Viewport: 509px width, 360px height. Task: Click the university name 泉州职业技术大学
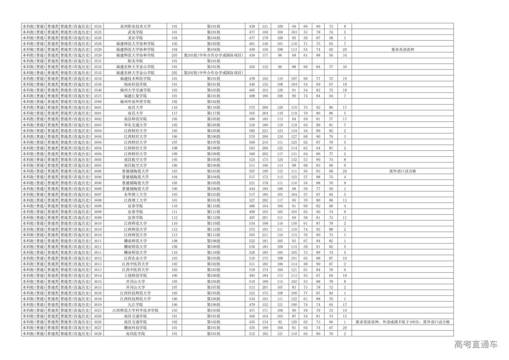[x=135, y=26]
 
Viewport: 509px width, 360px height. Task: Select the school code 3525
[x=98, y=32]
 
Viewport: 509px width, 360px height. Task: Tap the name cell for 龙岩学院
[x=135, y=38]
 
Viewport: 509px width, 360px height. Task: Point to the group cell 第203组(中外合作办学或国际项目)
[x=214, y=55]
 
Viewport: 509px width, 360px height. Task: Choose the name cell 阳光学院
[x=135, y=61]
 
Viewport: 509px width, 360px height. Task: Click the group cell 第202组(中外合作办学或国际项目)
[x=214, y=73]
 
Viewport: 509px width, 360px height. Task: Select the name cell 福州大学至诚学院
[x=135, y=90]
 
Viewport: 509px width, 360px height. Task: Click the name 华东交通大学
[x=135, y=125]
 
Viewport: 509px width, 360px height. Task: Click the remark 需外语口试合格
[x=403, y=171]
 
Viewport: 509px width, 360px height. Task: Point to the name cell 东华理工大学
[x=135, y=195]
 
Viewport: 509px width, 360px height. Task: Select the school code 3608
[x=98, y=200]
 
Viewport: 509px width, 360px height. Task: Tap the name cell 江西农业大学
[x=135, y=258]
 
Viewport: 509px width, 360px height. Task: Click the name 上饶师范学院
[x=135, y=276]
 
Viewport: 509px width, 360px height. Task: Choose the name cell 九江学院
[x=135, y=305]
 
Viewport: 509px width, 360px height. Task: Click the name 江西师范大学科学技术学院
[x=135, y=310]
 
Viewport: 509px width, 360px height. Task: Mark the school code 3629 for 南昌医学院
[x=98, y=334]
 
